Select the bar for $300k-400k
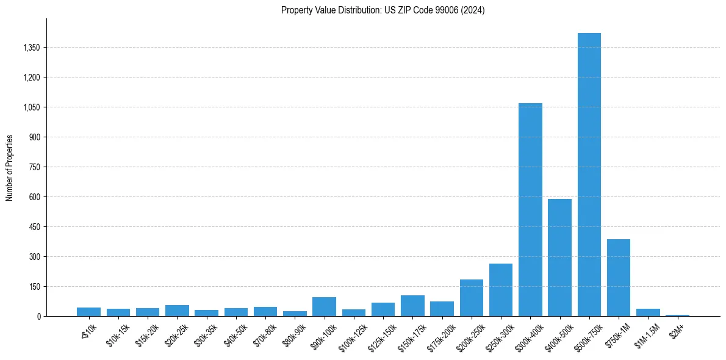coord(530,210)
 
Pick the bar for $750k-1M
coord(618,278)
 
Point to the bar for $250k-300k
coord(501,290)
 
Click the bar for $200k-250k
coord(471,298)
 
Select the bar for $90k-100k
coord(324,307)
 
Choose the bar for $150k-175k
coord(412,306)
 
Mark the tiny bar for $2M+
coord(677,315)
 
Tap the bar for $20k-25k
coord(177,311)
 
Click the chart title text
coord(383,10)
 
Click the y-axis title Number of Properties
coord(10,168)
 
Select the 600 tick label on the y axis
coord(34,197)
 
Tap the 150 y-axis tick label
coord(34,287)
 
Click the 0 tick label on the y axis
coord(38,317)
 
